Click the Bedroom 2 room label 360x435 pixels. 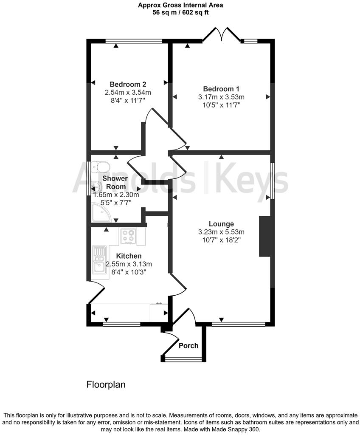click(x=128, y=84)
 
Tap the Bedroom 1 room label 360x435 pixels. click(x=221, y=89)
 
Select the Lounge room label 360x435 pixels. click(x=221, y=224)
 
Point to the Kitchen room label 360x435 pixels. click(x=129, y=256)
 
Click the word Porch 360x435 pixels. click(x=188, y=345)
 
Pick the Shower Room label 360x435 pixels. click(x=115, y=182)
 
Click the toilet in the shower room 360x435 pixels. click(x=99, y=165)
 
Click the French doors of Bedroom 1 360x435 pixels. click(x=221, y=35)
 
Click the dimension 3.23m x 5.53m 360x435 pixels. click(x=221, y=232)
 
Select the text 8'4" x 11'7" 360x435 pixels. click(x=128, y=100)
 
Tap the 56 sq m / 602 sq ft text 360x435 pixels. click(x=180, y=12)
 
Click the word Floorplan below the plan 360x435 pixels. click(x=106, y=385)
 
